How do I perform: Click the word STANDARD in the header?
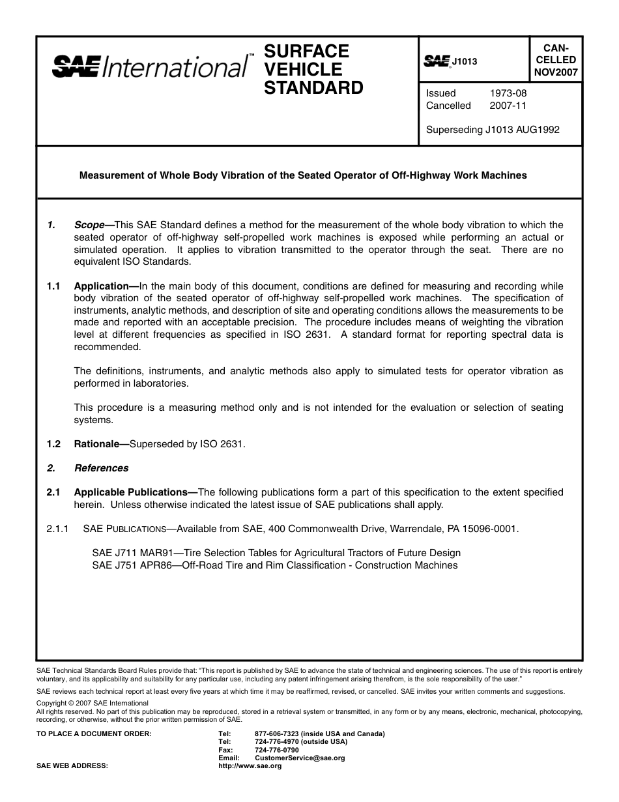coord(313,88)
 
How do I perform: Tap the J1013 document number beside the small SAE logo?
coord(465,62)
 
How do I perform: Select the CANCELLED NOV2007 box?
coord(555,59)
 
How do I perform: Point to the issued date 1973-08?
coord(508,93)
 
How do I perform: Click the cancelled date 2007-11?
coord(508,106)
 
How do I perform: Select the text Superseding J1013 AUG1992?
coord(492,130)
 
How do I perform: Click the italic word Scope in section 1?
coord(89,226)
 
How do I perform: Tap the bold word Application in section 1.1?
coord(102,286)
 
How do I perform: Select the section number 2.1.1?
coord(57,529)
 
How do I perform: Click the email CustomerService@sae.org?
coord(300,758)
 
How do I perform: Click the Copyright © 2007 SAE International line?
coord(93,703)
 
